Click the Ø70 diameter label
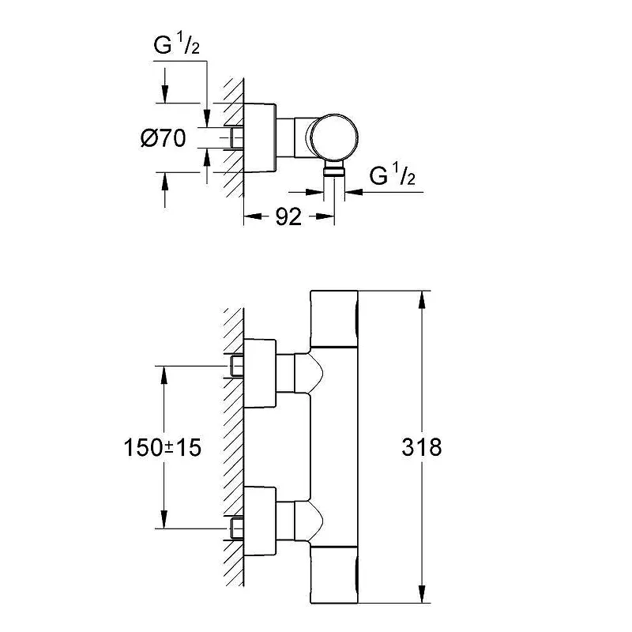164,138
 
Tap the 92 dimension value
288,216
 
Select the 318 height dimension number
422,447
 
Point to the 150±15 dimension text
162,447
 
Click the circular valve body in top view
334,137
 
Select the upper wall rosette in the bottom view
260,373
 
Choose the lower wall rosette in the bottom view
260,521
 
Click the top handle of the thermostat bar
334,318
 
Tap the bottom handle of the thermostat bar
334,575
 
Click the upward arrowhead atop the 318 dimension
422,300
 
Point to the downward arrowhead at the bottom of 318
422,594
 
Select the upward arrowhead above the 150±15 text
164,375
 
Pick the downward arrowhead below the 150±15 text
164,519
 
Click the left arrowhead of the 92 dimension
254,216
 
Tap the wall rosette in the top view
260,137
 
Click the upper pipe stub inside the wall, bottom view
237,366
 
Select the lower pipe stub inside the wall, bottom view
237,529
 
